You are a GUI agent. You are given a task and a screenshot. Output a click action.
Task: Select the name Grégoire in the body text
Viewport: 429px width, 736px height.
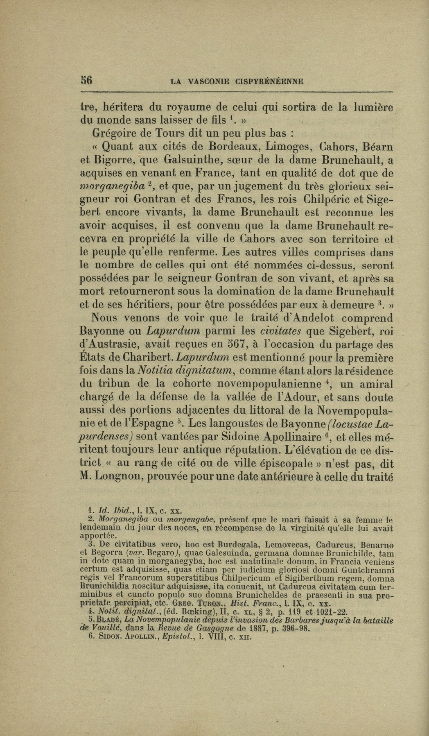tap(114, 133)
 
